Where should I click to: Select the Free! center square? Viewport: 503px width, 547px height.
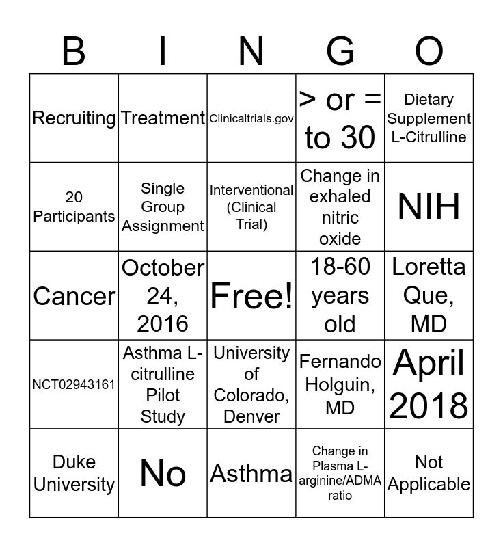(x=251, y=296)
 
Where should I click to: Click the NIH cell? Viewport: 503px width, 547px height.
(x=429, y=207)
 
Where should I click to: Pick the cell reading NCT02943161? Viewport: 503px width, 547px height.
(x=74, y=384)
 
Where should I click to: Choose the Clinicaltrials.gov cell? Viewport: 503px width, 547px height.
(x=251, y=118)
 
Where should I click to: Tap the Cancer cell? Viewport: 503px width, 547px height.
(x=74, y=296)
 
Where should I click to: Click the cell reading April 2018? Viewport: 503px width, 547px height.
(x=429, y=384)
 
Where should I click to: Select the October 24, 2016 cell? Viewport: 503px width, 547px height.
(x=163, y=296)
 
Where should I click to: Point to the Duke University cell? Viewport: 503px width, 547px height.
(x=74, y=473)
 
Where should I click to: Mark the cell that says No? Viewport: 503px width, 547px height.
(x=163, y=473)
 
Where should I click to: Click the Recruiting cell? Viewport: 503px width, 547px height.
(x=74, y=118)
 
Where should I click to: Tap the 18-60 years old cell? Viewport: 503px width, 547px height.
(x=340, y=296)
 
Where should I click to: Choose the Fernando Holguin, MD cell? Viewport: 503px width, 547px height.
(x=340, y=384)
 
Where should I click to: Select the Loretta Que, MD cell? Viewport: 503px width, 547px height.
(x=429, y=296)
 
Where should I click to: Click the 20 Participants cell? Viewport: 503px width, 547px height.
(x=74, y=207)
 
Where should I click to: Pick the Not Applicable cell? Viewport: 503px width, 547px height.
(x=429, y=473)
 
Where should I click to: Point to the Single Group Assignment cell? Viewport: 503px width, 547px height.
(x=163, y=207)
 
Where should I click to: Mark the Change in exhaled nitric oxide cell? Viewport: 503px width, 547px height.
(x=340, y=207)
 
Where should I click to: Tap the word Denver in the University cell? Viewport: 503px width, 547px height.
(x=251, y=416)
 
